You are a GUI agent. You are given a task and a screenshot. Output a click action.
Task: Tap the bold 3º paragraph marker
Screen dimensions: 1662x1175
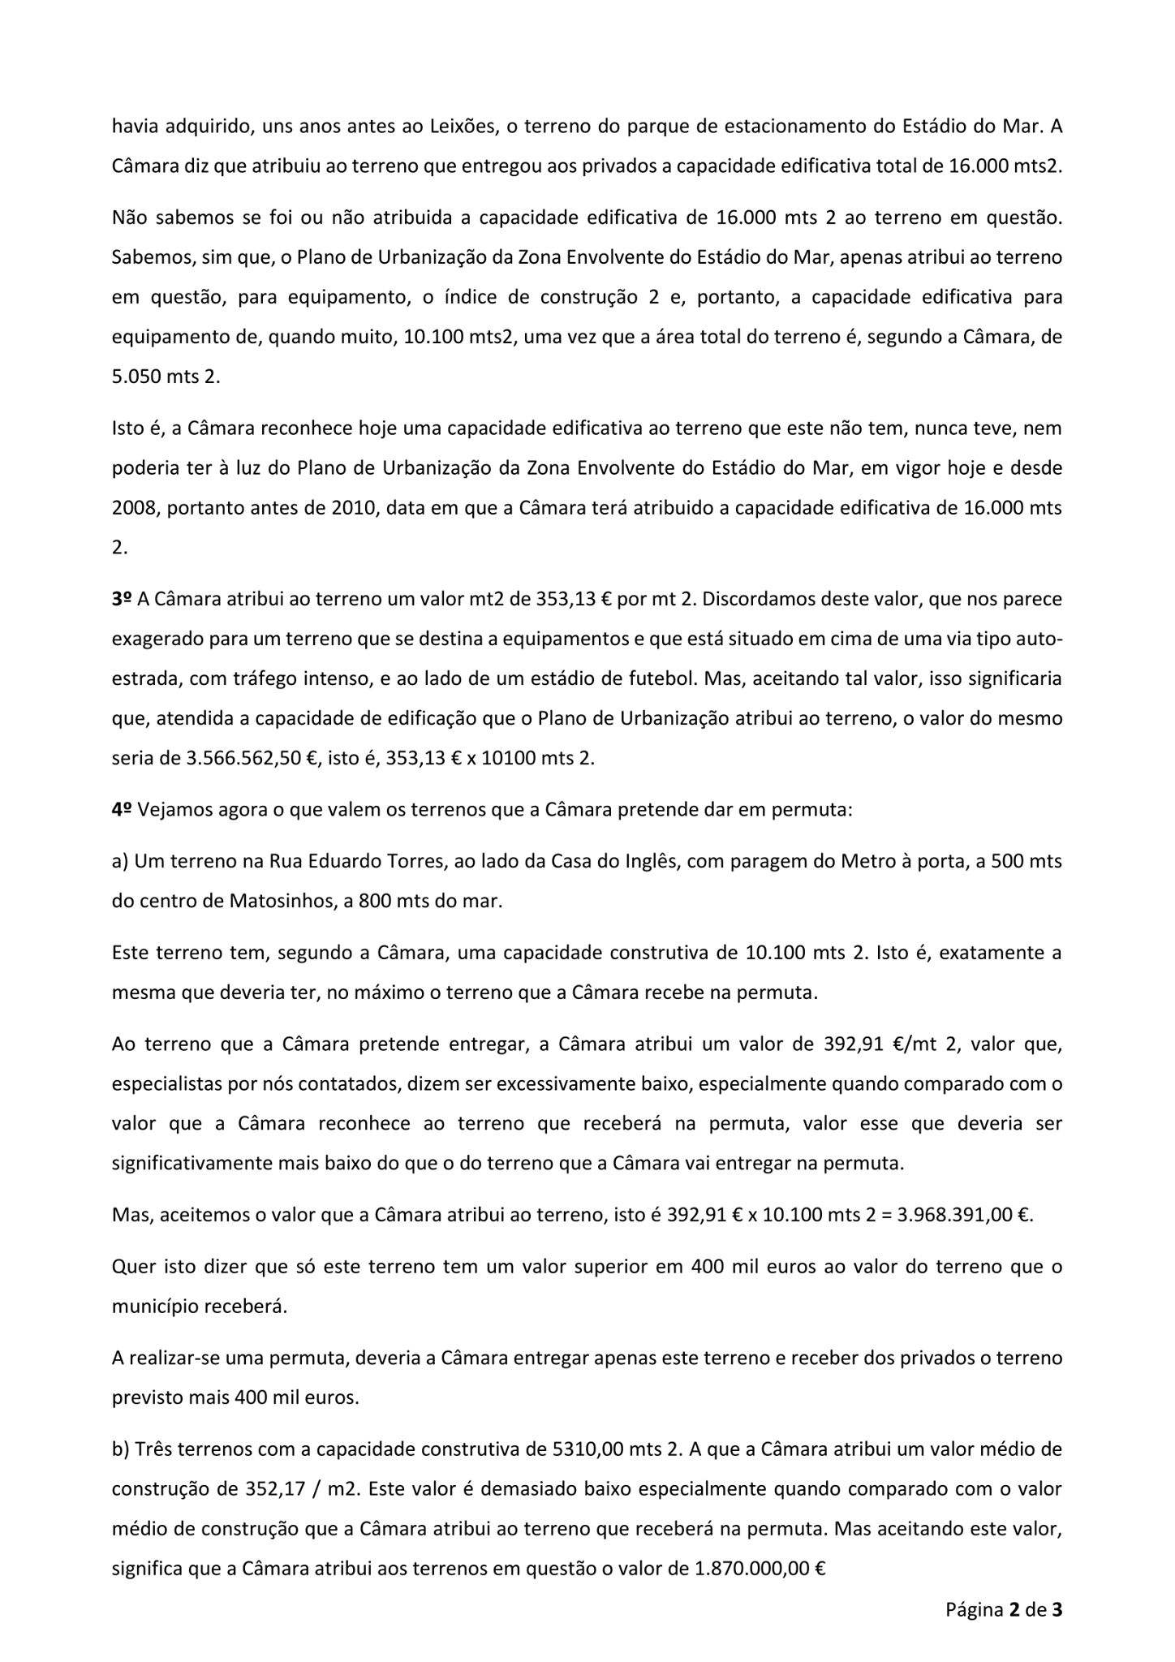pos(122,599)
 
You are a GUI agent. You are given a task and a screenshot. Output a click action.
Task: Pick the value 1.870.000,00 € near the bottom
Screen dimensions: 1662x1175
pos(760,1569)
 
